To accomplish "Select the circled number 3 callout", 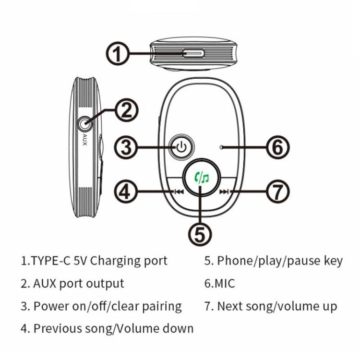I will coord(126,147).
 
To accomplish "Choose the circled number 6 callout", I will coord(277,147).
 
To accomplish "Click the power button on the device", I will coord(181,147).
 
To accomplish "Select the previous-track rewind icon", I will coord(179,192).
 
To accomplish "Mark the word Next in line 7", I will coord(228,306).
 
